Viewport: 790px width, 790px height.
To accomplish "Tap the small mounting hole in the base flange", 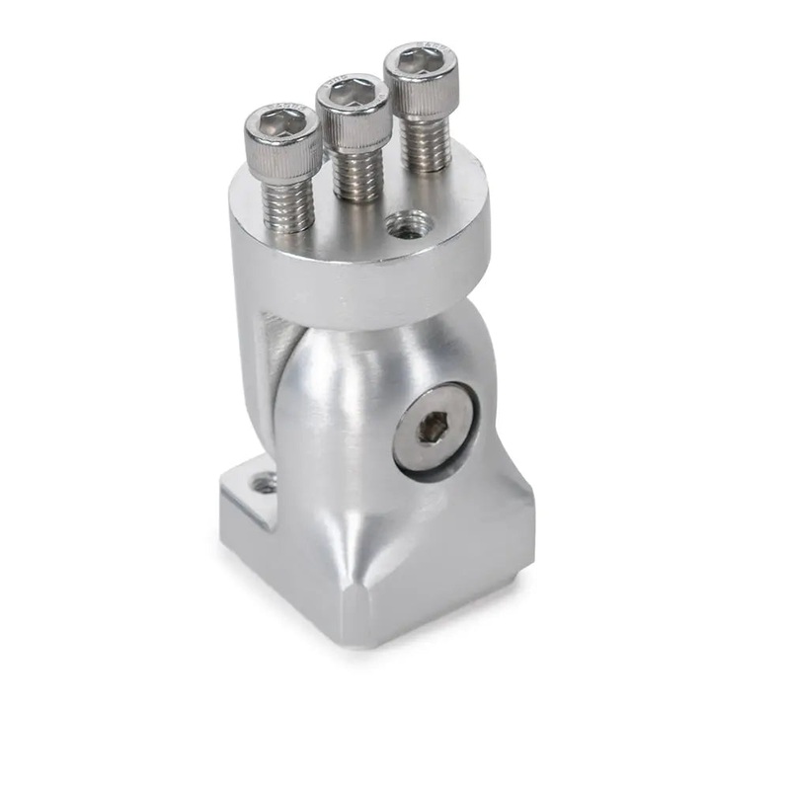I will tap(263, 484).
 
